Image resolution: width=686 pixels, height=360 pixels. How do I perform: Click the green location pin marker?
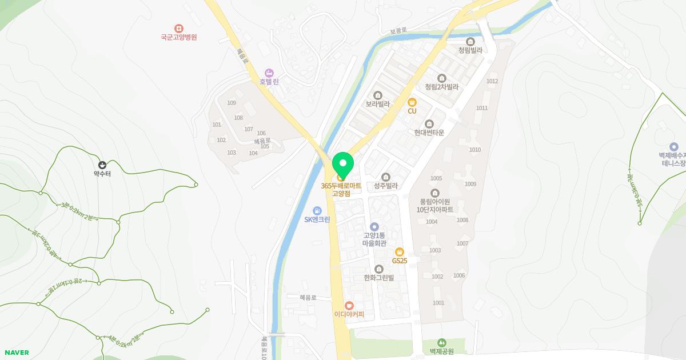pos(342,164)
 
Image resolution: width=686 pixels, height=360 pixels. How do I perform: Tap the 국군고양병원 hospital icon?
pos(179,28)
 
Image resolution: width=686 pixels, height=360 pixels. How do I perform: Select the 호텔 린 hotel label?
pos(269,82)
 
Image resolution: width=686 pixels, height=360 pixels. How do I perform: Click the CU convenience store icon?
pos(412,102)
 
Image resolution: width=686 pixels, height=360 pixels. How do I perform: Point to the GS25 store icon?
pos(400,252)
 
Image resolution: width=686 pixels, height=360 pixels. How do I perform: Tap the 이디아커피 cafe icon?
pos(349,306)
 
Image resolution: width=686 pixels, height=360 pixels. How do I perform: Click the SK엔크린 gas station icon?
pos(317,211)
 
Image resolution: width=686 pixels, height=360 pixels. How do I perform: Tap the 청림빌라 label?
pos(470,50)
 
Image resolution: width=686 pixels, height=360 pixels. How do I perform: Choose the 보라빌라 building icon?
pos(377,95)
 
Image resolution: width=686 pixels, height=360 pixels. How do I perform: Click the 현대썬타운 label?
pos(429,133)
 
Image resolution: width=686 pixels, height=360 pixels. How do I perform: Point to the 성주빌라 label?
pos(385,186)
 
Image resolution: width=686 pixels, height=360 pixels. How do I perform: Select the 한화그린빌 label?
pos(378,278)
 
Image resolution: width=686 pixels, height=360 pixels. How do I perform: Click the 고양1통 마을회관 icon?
pos(374,227)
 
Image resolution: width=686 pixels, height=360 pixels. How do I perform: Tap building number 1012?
pos(492,81)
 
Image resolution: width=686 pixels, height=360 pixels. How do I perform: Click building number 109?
pos(232,103)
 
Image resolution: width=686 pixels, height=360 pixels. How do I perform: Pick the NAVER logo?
pos(16,353)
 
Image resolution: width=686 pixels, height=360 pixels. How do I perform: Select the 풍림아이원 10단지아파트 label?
pos(435,205)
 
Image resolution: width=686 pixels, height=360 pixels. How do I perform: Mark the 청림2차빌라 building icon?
pos(441,78)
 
